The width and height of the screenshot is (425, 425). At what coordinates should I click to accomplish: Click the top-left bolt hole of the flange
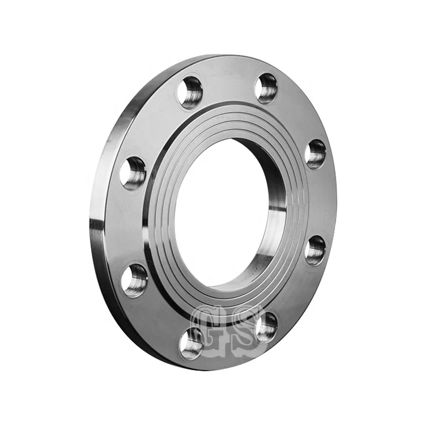tap(190, 92)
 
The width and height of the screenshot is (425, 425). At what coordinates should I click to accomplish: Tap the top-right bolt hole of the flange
tap(266, 88)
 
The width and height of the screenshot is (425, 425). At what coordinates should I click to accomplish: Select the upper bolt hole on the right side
tap(316, 154)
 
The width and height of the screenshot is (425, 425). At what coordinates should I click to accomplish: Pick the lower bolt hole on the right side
tap(315, 250)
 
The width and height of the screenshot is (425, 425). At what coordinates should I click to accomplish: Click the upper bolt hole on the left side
tap(134, 173)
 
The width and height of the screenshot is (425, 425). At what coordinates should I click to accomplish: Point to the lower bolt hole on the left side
tap(135, 280)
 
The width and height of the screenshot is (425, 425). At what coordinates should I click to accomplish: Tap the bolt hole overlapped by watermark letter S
tap(266, 326)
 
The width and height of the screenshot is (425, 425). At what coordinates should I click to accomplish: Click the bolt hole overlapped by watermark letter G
tap(192, 343)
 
